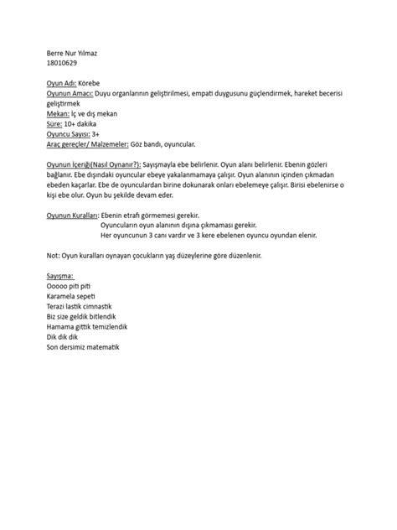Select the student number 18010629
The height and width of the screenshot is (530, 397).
(x=61, y=63)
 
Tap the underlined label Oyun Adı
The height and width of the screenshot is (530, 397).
(x=60, y=86)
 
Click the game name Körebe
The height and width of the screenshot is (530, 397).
(x=90, y=86)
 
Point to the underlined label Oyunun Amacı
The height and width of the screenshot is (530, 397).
(x=70, y=95)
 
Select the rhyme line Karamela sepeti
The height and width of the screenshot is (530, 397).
(x=72, y=296)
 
